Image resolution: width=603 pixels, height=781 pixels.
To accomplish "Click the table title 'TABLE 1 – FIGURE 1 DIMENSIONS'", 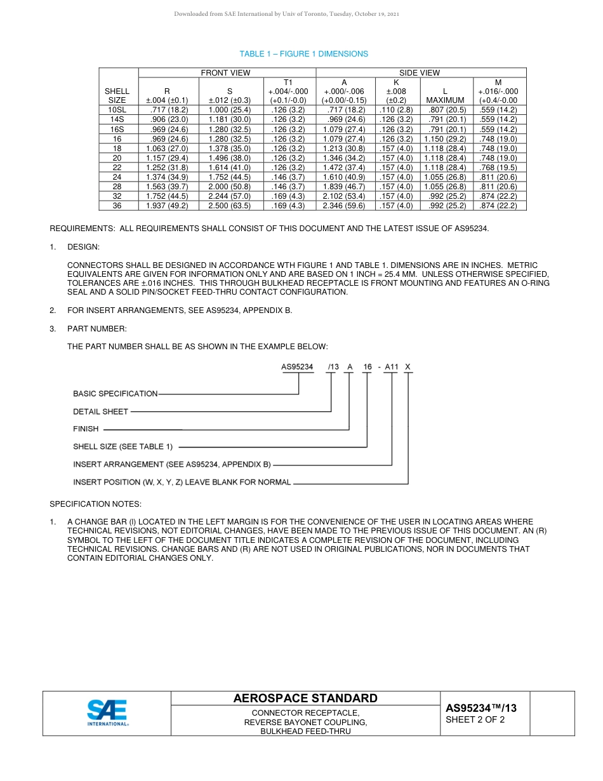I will click(303, 54).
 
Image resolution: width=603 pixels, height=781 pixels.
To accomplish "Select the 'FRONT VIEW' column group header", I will click(225, 73).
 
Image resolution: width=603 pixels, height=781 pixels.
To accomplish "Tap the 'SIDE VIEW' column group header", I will click(419, 73).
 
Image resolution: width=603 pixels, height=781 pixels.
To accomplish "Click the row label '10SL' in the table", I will click(117, 110).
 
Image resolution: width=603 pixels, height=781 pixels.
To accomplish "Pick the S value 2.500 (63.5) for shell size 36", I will click(229, 206).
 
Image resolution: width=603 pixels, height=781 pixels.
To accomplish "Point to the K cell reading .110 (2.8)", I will click(396, 110).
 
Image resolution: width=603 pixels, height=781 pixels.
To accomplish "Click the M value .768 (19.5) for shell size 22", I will click(499, 168).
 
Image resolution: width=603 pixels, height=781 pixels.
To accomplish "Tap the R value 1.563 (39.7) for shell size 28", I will click(167, 187).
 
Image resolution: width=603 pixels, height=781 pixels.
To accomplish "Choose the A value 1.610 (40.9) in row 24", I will click(344, 177).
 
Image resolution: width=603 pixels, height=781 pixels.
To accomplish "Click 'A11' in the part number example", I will click(391, 367).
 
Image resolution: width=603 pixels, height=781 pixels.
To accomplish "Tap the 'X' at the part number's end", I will click(408, 367).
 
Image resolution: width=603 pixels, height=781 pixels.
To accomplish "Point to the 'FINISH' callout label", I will click(86, 429).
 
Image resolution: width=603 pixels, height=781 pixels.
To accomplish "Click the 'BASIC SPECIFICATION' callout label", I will click(115, 394).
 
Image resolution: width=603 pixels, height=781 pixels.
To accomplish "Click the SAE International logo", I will click(107, 713).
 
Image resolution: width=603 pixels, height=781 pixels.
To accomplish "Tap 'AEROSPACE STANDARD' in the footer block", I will click(305, 698).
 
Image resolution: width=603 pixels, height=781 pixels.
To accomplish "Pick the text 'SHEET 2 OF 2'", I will click(475, 720).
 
